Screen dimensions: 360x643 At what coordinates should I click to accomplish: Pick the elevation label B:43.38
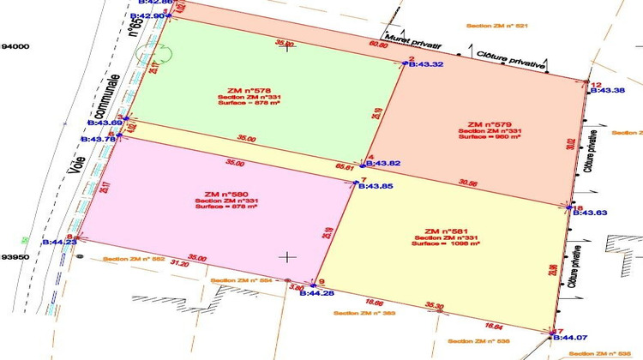coord(608,90)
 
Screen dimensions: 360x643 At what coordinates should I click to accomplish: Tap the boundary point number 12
coord(597,84)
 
